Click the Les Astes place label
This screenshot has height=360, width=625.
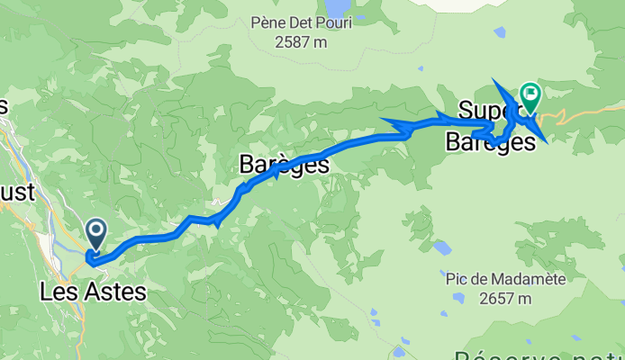tap(94, 291)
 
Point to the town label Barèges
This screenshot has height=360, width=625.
tap(284, 165)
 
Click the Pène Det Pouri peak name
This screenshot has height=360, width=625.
tap(302, 22)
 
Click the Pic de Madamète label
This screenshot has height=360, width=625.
tap(506, 280)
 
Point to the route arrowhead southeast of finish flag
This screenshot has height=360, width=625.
tap(539, 137)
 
